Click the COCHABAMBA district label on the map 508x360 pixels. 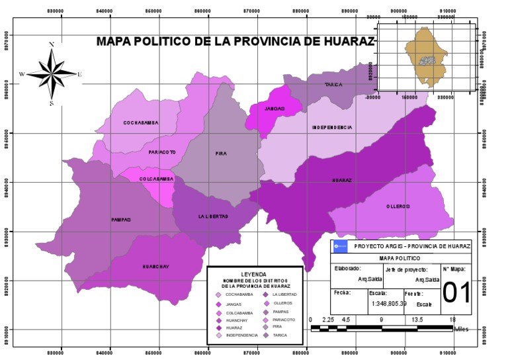tap(142, 123)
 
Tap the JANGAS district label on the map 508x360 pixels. tap(275, 109)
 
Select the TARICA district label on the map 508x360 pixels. tap(333, 85)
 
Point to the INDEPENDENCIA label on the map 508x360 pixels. tap(332, 127)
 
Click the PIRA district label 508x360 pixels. tap(221, 154)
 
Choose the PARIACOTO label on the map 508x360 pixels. tap(162, 152)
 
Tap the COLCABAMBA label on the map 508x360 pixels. tap(156, 179)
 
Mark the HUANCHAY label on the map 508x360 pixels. tap(156, 267)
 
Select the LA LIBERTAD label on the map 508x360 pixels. tap(213, 216)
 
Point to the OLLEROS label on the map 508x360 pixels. tap(398, 206)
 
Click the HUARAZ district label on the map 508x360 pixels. tap(341, 180)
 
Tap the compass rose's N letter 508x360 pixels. tap(52, 44)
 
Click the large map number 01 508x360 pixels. tap(456, 293)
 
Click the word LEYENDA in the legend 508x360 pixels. tap(255, 273)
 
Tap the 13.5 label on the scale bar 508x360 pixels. tap(417, 319)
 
